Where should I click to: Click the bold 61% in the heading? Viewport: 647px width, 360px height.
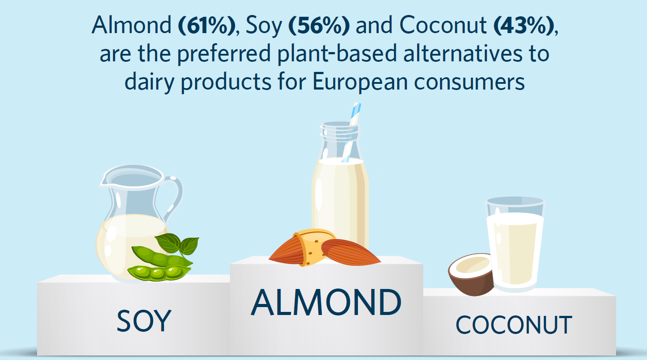(x=207, y=25)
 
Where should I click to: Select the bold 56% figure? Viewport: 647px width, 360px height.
(x=319, y=25)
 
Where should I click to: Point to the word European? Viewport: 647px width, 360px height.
(x=360, y=82)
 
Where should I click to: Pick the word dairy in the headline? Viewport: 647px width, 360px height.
(x=149, y=82)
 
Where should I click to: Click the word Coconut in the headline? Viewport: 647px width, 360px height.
(x=443, y=25)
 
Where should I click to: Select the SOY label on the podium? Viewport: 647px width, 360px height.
(x=144, y=321)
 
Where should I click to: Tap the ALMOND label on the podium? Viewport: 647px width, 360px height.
(x=326, y=302)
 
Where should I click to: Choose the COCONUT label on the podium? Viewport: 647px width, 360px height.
(x=514, y=325)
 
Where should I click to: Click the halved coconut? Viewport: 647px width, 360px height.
(x=471, y=274)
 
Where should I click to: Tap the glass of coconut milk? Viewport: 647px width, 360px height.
(x=515, y=244)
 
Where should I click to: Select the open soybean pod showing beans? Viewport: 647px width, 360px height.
(x=159, y=273)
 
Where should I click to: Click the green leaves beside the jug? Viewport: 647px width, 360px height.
(x=177, y=244)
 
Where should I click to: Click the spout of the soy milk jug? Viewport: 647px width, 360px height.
(x=104, y=180)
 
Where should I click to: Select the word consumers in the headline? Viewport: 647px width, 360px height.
(x=470, y=82)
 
